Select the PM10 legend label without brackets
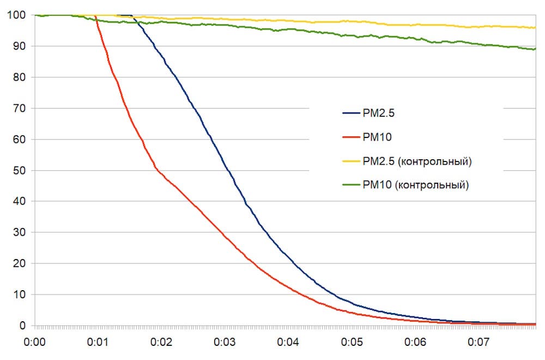[x=373, y=137]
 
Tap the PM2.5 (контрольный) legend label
[x=417, y=161]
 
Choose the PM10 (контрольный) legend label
[x=415, y=185]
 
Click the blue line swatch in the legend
[x=349, y=113]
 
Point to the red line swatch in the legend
[x=349, y=137]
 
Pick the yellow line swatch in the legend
[x=349, y=161]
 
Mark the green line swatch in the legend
[x=349, y=185]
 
